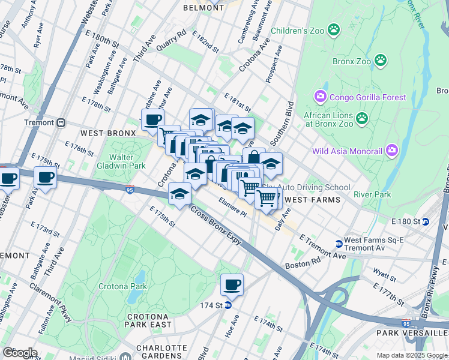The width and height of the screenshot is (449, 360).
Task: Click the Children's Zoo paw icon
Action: [x=334, y=29]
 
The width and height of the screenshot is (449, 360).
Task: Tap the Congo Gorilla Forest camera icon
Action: [x=320, y=97]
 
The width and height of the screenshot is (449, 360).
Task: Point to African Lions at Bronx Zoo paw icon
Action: [x=361, y=119]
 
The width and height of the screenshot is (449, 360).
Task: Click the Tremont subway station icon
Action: [x=61, y=122]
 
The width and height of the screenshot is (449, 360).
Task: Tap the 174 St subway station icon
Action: [x=229, y=305]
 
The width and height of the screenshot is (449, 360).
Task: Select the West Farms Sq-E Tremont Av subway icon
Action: [x=339, y=244]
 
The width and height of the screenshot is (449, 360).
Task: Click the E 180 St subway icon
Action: [x=426, y=221]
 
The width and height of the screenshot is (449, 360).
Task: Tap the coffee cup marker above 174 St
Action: [x=232, y=286]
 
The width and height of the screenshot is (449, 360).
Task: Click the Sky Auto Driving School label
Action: [x=315, y=188]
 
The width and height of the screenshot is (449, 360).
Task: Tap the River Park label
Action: [x=372, y=194]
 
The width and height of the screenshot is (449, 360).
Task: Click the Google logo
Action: [x=19, y=353]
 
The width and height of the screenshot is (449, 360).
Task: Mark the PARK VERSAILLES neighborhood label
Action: [x=412, y=332]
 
